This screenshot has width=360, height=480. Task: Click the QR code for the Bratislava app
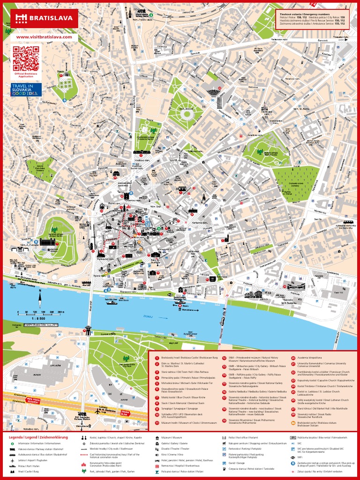25,59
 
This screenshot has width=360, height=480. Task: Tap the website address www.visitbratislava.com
44,37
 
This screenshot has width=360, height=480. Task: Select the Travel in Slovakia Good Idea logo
26,90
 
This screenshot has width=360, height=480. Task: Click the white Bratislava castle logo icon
21,18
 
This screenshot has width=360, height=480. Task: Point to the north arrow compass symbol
40,297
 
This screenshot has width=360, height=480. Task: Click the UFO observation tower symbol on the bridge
88,329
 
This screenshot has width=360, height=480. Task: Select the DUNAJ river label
150,316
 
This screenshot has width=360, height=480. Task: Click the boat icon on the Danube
111,302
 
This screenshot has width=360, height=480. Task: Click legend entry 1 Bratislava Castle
185,358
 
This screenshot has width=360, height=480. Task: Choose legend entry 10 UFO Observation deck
185,415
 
